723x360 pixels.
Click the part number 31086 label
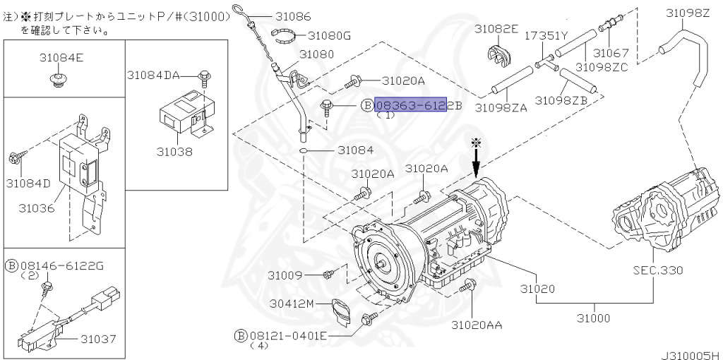tap(293, 16)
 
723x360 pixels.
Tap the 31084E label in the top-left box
tap(61, 58)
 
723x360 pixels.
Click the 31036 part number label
tap(37, 208)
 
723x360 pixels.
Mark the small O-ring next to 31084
tap(303, 151)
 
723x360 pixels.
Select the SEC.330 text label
tap(657, 270)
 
